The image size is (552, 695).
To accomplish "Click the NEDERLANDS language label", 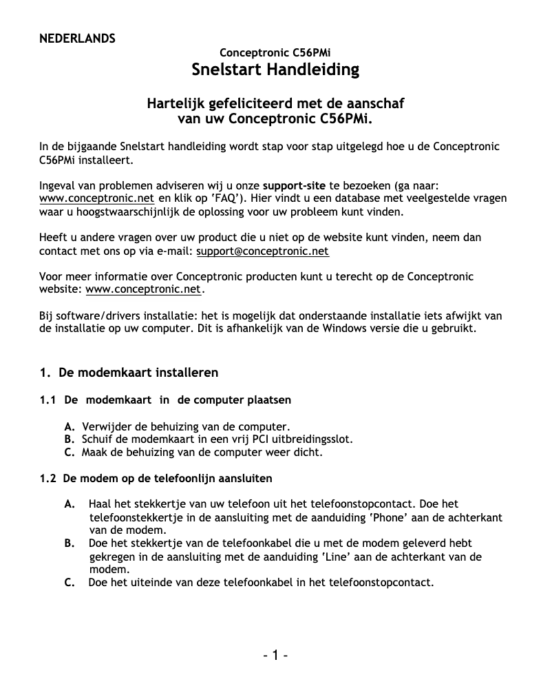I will click(x=77, y=38).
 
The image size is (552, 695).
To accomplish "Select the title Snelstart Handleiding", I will click(x=275, y=70).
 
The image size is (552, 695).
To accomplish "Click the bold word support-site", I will click(x=295, y=186).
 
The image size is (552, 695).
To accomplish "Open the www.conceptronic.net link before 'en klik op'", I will click(x=96, y=198).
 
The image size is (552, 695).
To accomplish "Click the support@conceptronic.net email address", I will click(x=262, y=251).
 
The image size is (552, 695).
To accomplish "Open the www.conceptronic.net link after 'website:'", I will click(x=143, y=289).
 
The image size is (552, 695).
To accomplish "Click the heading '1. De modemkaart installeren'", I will click(x=129, y=373).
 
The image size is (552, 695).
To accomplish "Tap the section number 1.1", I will click(x=48, y=400).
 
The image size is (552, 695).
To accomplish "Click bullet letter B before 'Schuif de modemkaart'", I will click(x=69, y=439).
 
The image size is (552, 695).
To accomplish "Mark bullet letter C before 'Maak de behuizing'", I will click(x=69, y=453).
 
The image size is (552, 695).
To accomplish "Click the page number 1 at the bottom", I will click(x=275, y=655).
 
